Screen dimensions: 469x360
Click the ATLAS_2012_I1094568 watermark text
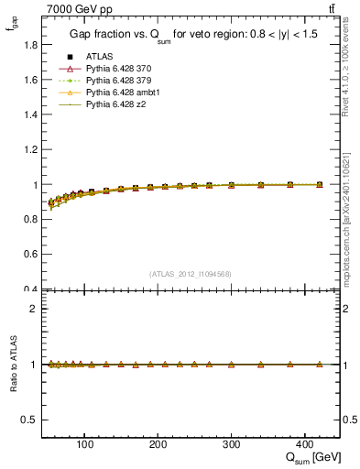(191, 273)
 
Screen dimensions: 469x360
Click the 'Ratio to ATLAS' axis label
(11, 365)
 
